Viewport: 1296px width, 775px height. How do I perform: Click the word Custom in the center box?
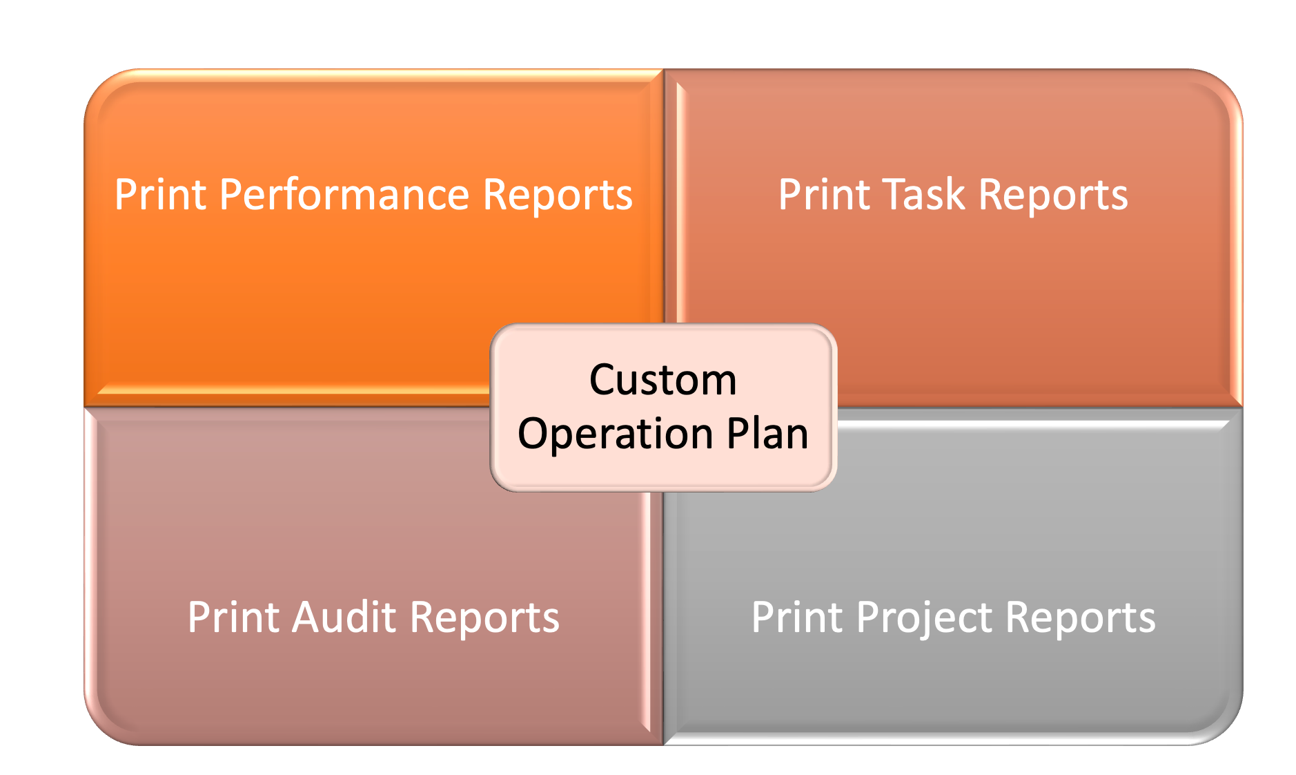click(x=662, y=380)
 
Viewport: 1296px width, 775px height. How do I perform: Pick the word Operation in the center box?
click(x=615, y=434)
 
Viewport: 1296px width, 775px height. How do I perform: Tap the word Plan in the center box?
click(x=767, y=433)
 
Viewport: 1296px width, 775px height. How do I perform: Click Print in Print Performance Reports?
click(x=160, y=195)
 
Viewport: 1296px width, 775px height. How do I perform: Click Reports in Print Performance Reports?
click(x=557, y=195)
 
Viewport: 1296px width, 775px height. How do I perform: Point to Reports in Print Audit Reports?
click(x=484, y=618)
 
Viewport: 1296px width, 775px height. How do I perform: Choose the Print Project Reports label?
click(x=952, y=618)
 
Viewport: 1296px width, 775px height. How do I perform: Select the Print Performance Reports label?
click(x=373, y=195)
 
